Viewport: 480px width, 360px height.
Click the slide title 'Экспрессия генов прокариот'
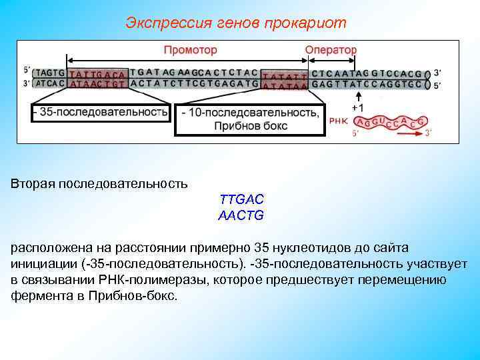(236, 23)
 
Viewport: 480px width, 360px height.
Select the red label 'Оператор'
(331, 50)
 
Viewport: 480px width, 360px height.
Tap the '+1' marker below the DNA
(358, 107)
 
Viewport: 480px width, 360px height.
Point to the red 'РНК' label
(338, 122)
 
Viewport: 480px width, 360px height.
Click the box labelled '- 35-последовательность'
(101, 113)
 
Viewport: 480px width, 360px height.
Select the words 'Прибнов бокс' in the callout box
(251, 125)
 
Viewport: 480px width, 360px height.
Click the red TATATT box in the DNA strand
(285, 78)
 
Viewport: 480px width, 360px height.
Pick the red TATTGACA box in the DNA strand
(97, 77)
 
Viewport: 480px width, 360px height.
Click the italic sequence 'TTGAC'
(241, 199)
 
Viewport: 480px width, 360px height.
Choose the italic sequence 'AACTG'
(241, 215)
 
